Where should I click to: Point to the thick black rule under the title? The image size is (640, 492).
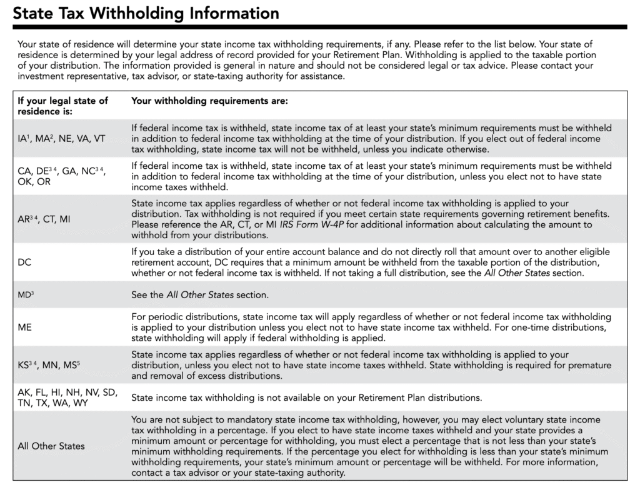tap(320, 27)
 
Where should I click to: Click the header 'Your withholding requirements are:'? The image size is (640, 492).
tap(209, 100)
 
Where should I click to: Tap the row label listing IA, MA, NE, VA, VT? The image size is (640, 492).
tap(61, 139)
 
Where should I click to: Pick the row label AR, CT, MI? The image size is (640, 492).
tap(44, 219)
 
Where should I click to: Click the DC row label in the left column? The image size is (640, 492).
tap(26, 263)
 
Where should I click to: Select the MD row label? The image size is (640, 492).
tap(26, 294)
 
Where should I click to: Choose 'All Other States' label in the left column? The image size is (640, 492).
tap(51, 446)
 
